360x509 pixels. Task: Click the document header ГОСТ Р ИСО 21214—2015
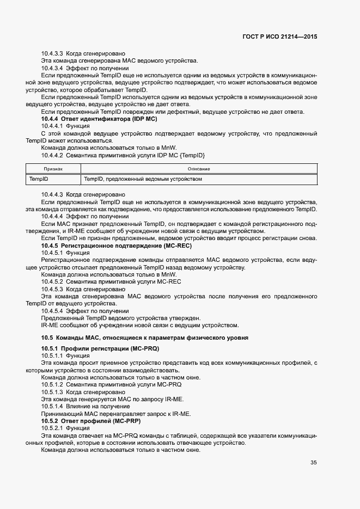(280, 37)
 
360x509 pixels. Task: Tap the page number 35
(313, 463)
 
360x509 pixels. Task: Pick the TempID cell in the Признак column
(39, 179)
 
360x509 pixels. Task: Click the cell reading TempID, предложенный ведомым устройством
(143, 179)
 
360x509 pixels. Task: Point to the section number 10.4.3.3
(52, 54)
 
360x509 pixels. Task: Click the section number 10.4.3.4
(52, 69)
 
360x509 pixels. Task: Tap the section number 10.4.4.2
(52, 155)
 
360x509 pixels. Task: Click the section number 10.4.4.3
(52, 194)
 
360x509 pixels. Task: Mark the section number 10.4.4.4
(52, 216)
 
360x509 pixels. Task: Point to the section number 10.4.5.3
(52, 289)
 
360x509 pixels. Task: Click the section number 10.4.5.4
(52, 311)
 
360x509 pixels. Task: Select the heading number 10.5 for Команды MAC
(48, 338)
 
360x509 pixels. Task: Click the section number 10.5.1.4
(52, 407)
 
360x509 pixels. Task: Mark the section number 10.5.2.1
(52, 428)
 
